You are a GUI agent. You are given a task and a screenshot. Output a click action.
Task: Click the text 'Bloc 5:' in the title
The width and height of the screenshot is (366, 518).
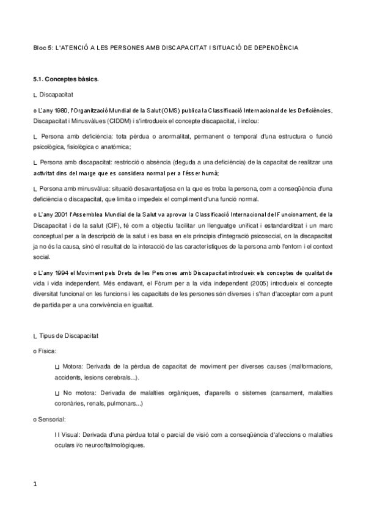[43, 47]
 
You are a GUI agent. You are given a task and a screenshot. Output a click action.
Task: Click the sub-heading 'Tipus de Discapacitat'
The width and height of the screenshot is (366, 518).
[65, 336]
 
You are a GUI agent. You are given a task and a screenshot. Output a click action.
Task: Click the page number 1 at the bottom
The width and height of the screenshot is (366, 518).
[35, 484]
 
